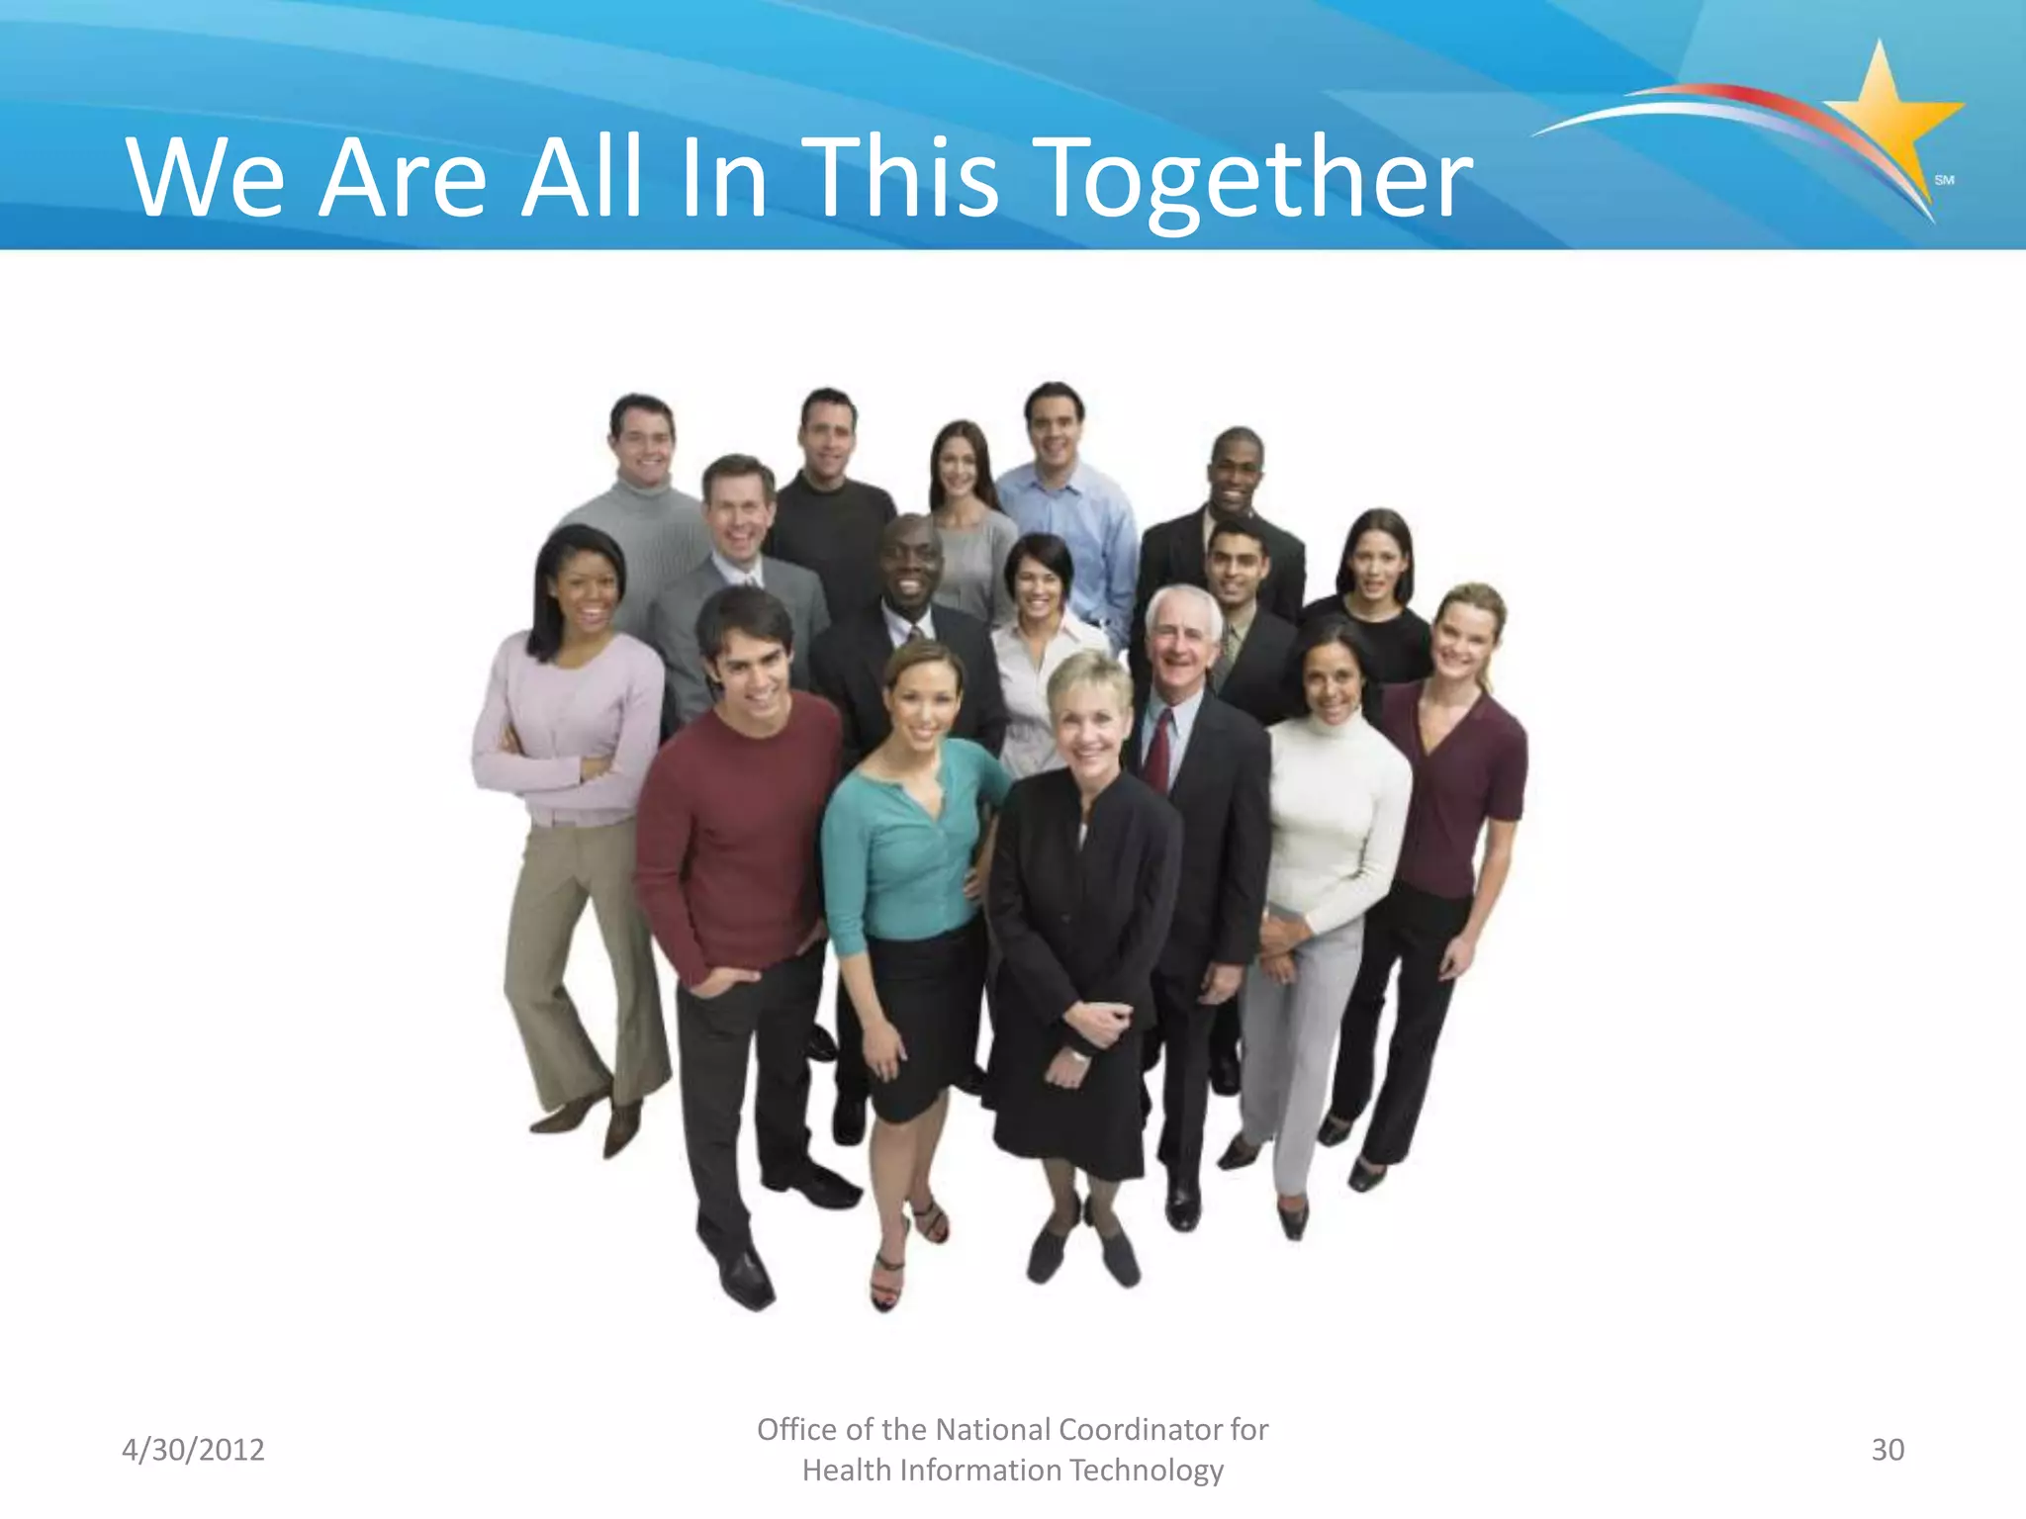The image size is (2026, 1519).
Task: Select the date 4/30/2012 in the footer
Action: (x=193, y=1450)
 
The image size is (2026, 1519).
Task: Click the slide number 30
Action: (x=1888, y=1450)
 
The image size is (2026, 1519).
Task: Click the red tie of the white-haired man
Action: (x=1158, y=752)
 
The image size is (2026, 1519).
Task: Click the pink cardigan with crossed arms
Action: (x=569, y=732)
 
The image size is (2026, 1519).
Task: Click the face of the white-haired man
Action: (x=1183, y=643)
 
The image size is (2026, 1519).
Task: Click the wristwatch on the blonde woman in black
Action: (x=1077, y=1056)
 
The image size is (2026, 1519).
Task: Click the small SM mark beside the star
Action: (x=1944, y=180)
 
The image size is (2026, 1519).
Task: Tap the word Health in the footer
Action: (x=846, y=1471)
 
